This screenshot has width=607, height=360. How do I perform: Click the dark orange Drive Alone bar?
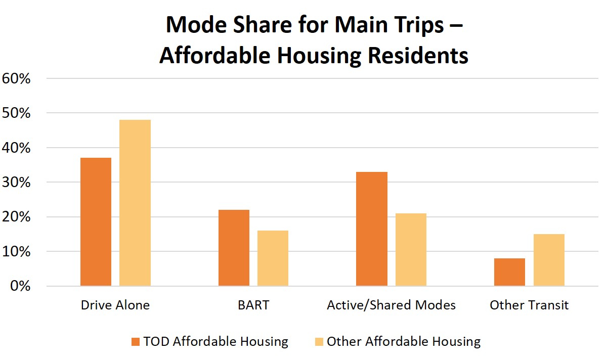[96, 221]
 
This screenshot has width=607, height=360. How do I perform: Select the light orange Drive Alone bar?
[135, 203]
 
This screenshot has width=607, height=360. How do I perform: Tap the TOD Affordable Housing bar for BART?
[234, 248]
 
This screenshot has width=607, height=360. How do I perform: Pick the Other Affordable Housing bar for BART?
[273, 258]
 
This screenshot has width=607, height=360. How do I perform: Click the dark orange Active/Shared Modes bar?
[372, 229]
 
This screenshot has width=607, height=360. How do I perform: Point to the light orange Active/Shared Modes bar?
[411, 249]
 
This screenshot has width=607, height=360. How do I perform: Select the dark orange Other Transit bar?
[509, 272]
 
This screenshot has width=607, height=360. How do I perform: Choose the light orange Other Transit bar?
[549, 260]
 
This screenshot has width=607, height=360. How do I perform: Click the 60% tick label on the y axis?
[16, 78]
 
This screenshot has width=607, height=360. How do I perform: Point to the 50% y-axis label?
[16, 113]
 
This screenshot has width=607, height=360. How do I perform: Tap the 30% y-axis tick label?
[16, 183]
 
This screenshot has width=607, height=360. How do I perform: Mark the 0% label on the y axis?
[20, 286]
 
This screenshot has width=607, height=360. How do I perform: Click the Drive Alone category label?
[115, 305]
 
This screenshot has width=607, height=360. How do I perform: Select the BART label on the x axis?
[253, 305]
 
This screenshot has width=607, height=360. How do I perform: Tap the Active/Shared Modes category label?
[392, 305]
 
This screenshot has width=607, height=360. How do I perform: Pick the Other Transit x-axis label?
[529, 305]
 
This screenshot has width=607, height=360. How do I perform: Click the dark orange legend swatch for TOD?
[136, 342]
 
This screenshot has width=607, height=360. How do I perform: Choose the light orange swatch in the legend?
[319, 342]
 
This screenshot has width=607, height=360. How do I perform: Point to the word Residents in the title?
[418, 56]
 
